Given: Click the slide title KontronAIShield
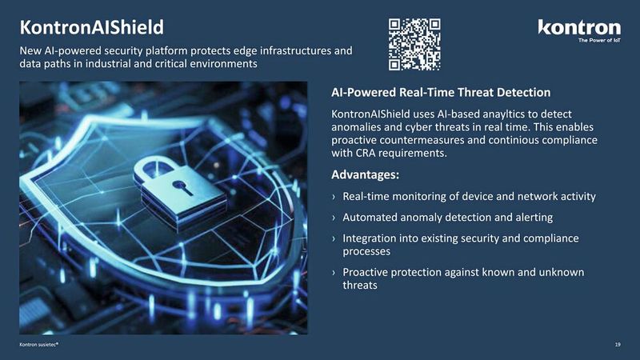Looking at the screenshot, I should [x=91, y=29].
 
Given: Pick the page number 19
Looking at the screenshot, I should [x=618, y=344].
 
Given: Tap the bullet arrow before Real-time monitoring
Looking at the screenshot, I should [x=334, y=197].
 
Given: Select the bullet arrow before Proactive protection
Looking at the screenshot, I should [x=334, y=274].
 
